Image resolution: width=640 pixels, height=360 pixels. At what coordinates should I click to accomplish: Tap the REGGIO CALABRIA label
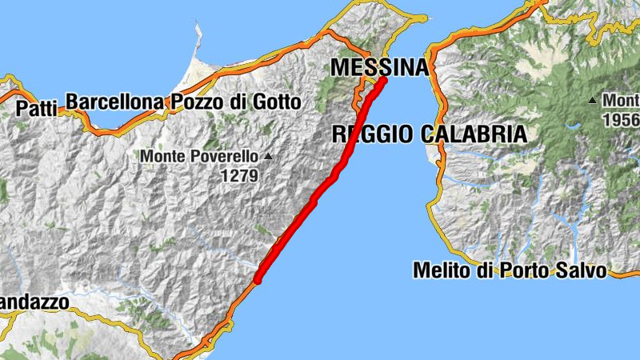[430, 134]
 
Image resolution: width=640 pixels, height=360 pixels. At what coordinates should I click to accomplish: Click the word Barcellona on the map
[115, 102]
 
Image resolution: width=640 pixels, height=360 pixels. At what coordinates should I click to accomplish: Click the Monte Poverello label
[201, 156]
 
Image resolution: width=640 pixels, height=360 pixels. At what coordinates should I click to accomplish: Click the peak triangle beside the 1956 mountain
[592, 101]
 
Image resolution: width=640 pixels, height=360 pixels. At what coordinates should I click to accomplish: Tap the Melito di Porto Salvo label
[510, 270]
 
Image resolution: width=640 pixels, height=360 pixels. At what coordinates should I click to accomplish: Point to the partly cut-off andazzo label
[34, 302]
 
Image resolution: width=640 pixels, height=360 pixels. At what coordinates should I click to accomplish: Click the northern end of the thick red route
[383, 80]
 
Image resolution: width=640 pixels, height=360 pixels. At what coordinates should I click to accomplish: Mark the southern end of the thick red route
[258, 280]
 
